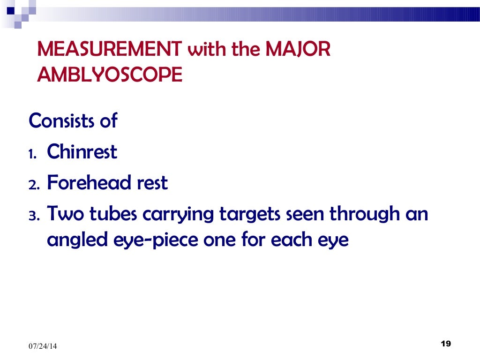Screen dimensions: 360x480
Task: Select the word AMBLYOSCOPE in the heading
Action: (110, 74)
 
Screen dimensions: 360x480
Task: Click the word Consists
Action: (58, 121)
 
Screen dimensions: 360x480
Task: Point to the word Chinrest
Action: (82, 152)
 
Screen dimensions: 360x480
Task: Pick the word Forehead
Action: (89, 183)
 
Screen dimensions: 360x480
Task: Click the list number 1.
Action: (33, 154)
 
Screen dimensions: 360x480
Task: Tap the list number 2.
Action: (34, 185)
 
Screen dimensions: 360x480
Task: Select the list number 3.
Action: (34, 216)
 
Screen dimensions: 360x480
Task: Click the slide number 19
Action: (446, 345)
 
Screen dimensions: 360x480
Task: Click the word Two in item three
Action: (65, 214)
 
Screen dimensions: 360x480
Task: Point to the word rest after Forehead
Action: (151, 183)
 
